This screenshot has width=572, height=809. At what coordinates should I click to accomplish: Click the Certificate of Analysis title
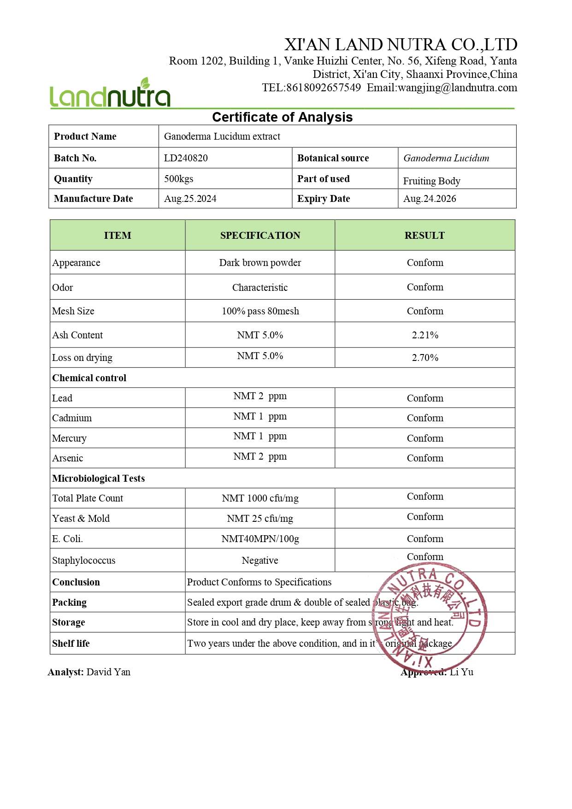[282, 117]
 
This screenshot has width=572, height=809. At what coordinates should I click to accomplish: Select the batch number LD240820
[186, 158]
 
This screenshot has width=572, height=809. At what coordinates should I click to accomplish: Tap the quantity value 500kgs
[179, 179]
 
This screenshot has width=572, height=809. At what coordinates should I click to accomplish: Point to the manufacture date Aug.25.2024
[190, 199]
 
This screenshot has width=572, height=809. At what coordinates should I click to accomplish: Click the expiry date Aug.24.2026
[430, 199]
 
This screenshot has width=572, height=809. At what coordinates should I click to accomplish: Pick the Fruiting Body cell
[431, 181]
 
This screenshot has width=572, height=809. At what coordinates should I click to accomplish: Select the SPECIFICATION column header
[260, 236]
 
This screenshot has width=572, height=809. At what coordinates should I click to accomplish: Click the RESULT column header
[425, 236]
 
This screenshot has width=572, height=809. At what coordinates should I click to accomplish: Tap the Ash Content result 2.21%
[425, 335]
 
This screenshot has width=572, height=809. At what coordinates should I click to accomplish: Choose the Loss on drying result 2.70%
[425, 358]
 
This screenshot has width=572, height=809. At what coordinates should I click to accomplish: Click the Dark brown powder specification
[260, 263]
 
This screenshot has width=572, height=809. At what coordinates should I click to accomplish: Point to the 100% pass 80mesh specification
[260, 311]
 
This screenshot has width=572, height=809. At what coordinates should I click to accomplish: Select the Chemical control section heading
[89, 378]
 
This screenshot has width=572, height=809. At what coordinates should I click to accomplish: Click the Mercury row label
[69, 438]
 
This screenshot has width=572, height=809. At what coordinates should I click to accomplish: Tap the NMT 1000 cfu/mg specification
[260, 498]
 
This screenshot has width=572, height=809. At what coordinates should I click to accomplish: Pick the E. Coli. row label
[67, 539]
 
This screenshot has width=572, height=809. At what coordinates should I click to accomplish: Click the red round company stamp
[429, 618]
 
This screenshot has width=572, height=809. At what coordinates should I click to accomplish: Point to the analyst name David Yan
[108, 672]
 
